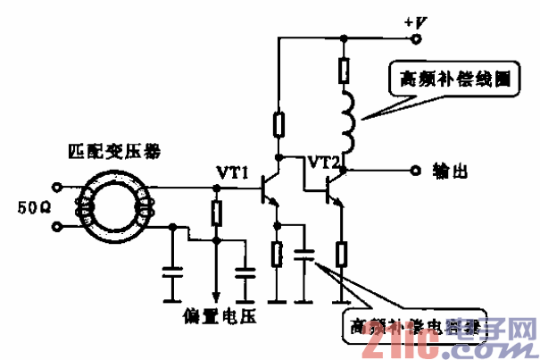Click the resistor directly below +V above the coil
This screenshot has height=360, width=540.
pos(345,68)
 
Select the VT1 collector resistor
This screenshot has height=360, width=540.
pos(278,124)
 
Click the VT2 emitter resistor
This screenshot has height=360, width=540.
pos(341,255)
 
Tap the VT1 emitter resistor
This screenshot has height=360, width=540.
pos(278,255)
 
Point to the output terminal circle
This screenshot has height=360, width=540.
pos(412,170)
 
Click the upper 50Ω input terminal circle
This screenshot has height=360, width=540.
pos(58,188)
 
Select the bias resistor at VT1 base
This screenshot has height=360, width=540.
pos(216,213)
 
